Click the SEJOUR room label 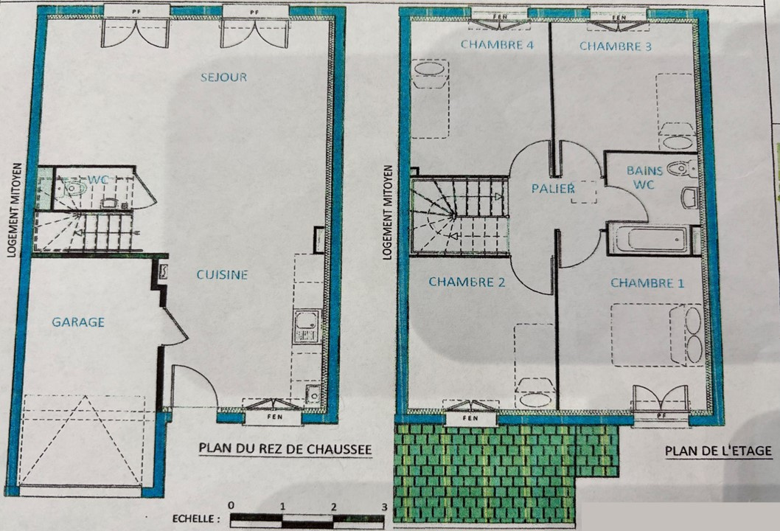pyautogui.click(x=224, y=77)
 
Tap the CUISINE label pyautogui.click(x=222, y=274)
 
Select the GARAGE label pyautogui.click(x=78, y=322)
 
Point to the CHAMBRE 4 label pyautogui.click(x=497, y=45)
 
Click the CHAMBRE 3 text pyautogui.click(x=616, y=46)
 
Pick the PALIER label pyautogui.click(x=553, y=189)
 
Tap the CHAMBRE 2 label pyautogui.click(x=467, y=282)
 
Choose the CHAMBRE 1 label pyautogui.click(x=647, y=283)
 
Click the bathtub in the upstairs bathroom pyautogui.click(x=650, y=240)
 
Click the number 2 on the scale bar pyautogui.click(x=333, y=507)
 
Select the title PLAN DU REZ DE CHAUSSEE pyautogui.click(x=285, y=449)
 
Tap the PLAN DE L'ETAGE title pyautogui.click(x=718, y=451)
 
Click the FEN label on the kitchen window pyautogui.click(x=274, y=417)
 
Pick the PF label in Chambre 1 pyautogui.click(x=661, y=415)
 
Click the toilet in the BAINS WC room pyautogui.click(x=681, y=169)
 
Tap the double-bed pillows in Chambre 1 pyautogui.click(x=693, y=335)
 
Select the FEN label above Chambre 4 pyautogui.click(x=500, y=16)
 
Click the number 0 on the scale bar pyautogui.click(x=231, y=506)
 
